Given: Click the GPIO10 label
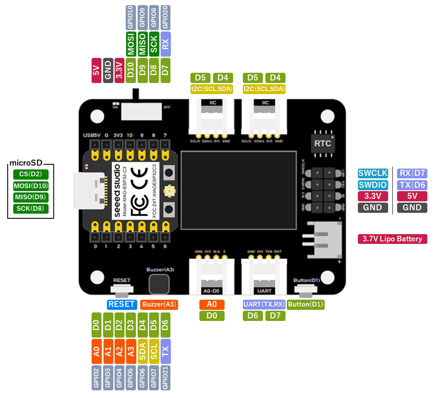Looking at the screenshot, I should tap(131, 17).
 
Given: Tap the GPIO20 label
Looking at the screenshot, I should tap(166, 17).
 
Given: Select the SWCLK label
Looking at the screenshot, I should tap(373, 173).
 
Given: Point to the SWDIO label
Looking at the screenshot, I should tap(373, 185).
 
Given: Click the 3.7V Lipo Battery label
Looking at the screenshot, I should tap(392, 239).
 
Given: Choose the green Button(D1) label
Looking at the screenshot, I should tap(306, 304).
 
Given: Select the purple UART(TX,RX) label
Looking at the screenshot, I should tap(263, 304).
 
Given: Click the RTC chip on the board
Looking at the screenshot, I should tap(322, 143).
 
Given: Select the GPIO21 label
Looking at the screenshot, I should tap(166, 378).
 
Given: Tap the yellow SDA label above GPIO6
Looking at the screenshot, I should tap(143, 351).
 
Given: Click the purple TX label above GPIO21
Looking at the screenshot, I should tap(166, 351).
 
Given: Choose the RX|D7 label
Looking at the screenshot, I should tap(412, 173).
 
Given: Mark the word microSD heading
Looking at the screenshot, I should tap(26, 163).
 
